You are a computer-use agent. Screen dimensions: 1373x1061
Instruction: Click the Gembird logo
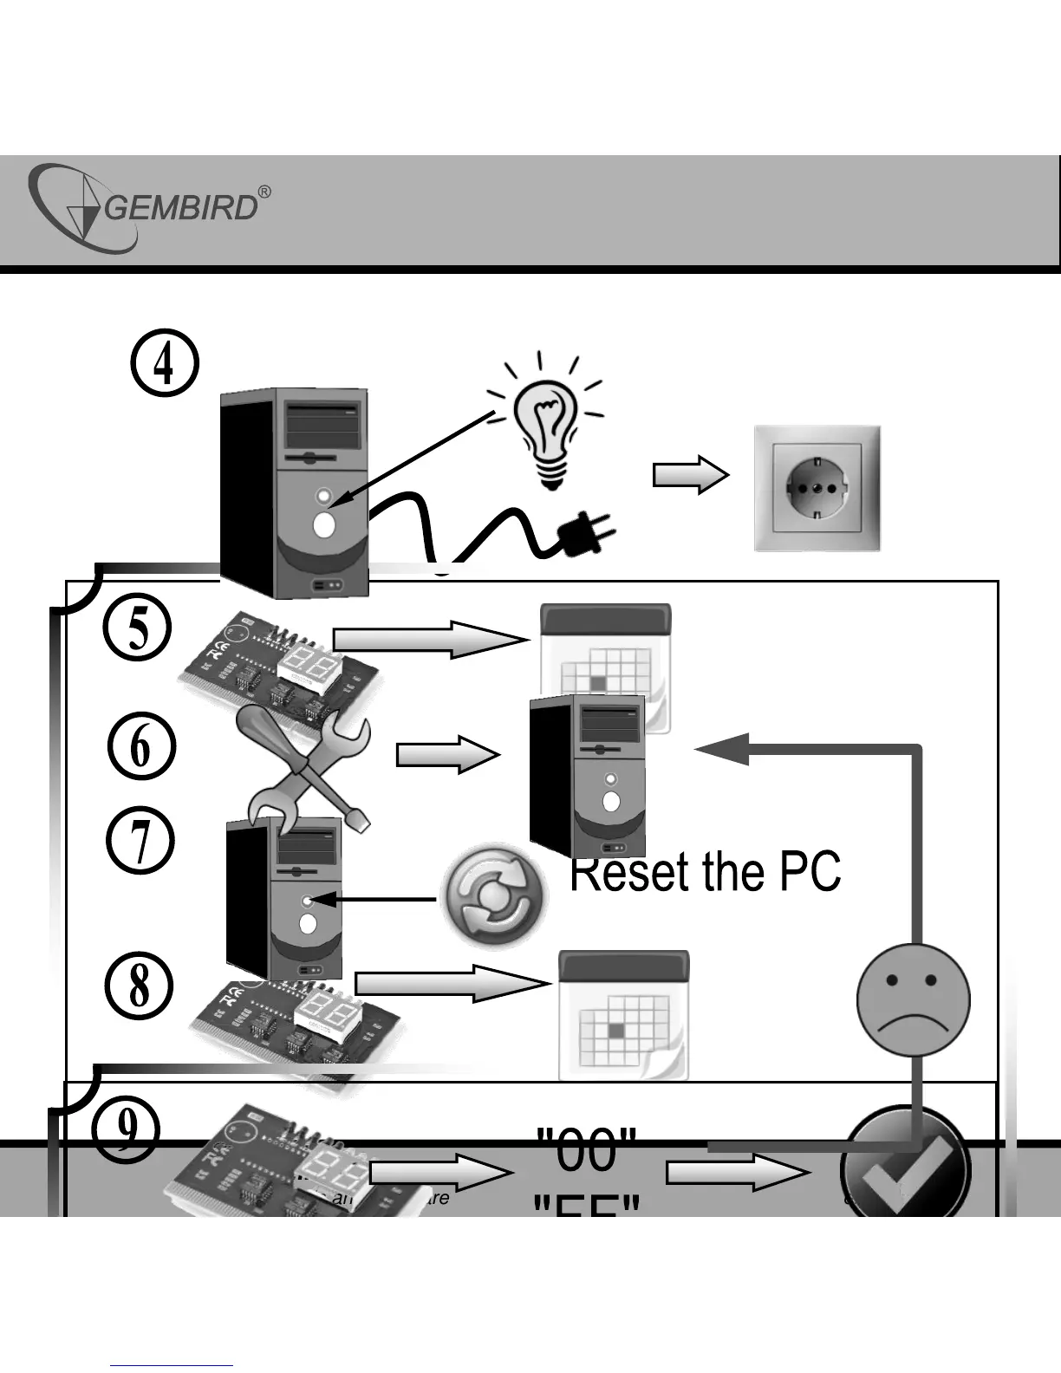click(143, 209)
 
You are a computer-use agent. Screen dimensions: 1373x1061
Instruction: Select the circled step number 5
click(137, 628)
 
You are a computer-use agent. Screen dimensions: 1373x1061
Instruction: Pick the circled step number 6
click(142, 748)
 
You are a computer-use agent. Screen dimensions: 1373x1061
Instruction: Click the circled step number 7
click(140, 841)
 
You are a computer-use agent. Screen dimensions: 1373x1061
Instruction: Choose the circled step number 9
click(127, 1129)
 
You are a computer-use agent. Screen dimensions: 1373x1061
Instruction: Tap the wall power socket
click(817, 488)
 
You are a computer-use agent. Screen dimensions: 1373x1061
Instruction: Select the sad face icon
click(913, 999)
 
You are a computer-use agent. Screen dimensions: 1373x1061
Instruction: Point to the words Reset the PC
click(705, 872)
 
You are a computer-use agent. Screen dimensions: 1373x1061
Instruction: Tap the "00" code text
click(587, 1149)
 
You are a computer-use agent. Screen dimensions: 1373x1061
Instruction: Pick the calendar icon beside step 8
click(623, 1014)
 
